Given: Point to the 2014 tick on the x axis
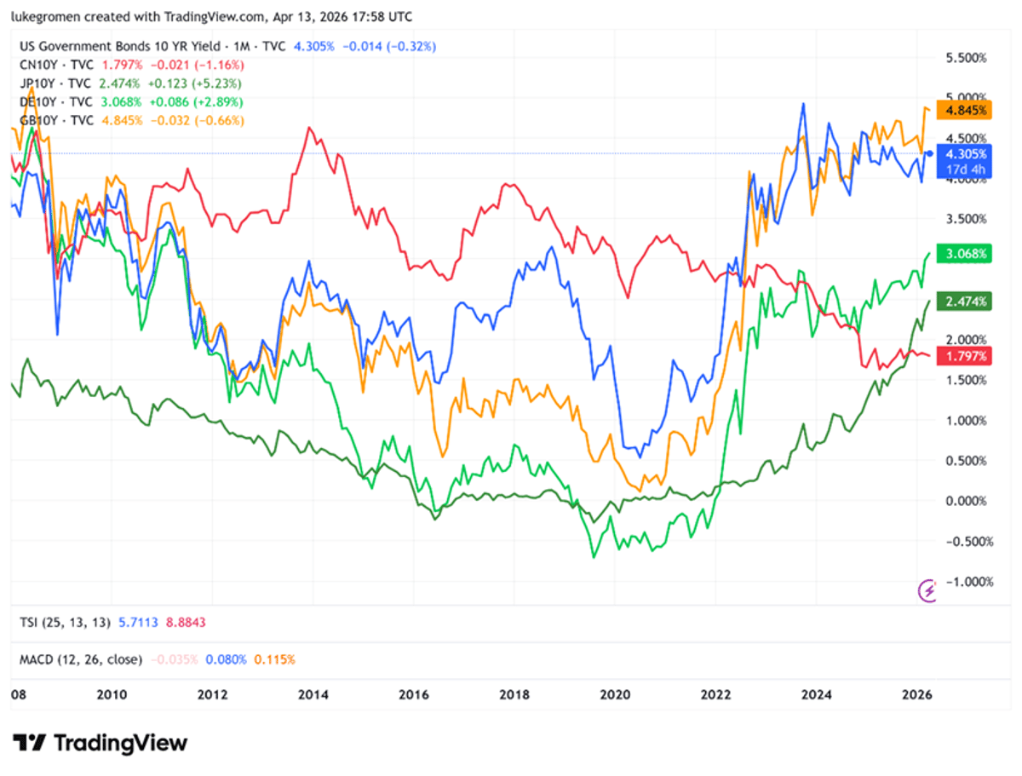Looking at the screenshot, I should [x=313, y=694].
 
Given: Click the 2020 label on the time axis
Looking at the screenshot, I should [x=614, y=694].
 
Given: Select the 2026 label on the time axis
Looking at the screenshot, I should [x=917, y=694].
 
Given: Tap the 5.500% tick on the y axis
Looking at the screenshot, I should [x=964, y=58].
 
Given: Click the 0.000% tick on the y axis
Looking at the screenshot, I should [x=964, y=501].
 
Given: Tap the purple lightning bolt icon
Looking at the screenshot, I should [x=927, y=589].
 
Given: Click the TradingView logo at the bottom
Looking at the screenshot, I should [x=100, y=743].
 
